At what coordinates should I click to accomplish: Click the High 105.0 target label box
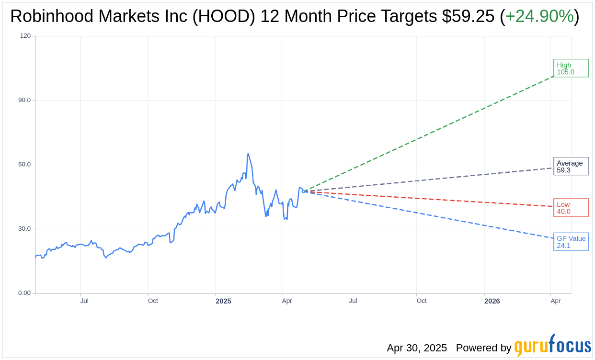571,68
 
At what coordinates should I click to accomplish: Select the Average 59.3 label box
571,167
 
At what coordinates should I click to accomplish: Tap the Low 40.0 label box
571,208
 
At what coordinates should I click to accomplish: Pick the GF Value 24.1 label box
571,242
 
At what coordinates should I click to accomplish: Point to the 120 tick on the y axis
25,36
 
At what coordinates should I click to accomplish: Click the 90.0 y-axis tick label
24,100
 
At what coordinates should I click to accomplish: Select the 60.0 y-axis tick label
24,165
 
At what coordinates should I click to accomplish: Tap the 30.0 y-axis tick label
24,229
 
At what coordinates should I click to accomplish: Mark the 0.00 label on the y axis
24,293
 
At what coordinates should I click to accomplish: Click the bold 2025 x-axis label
223,301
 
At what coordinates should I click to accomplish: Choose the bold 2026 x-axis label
492,301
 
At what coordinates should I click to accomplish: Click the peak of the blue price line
248,154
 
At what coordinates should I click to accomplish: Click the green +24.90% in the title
539,17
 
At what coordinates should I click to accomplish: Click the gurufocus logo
552,346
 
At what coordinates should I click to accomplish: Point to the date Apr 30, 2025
417,348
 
